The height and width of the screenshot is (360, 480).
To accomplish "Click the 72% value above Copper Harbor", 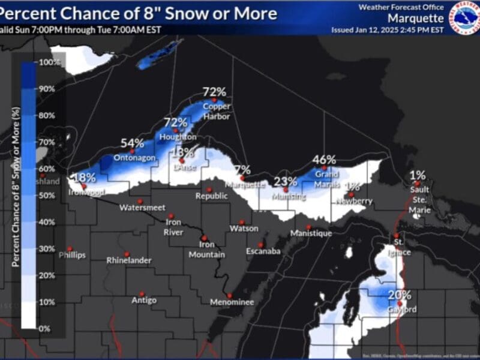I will tap(214, 92).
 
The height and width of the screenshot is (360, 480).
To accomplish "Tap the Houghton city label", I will tap(174, 137).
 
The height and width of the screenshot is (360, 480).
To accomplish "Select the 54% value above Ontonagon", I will tap(132, 143).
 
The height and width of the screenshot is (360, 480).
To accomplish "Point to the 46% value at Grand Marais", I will tap(324, 160).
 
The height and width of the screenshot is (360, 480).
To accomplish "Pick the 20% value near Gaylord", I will tap(400, 295).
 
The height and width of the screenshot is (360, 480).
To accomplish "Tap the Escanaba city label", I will tap(263, 251).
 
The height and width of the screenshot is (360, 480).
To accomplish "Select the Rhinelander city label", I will tap(128, 261).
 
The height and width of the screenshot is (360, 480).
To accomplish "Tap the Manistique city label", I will tap(311, 233).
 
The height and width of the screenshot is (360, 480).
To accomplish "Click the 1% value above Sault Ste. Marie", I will tap(418, 175).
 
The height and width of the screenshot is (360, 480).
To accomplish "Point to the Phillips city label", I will tap(72, 255).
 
